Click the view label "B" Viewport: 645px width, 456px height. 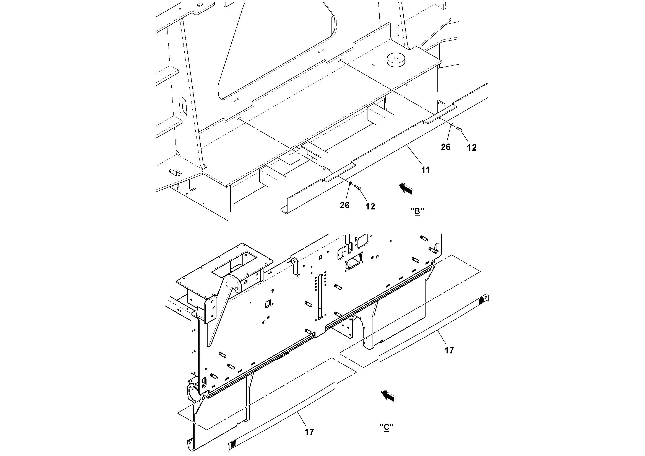(417, 211)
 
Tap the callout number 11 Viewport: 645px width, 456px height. (425, 170)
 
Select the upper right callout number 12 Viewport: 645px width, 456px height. (472, 148)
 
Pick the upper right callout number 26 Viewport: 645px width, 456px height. (445, 147)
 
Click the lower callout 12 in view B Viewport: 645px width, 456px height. (370, 206)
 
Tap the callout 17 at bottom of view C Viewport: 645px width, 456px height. (309, 432)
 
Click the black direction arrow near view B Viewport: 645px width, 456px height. (406, 188)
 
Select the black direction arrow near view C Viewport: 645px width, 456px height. (388, 395)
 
